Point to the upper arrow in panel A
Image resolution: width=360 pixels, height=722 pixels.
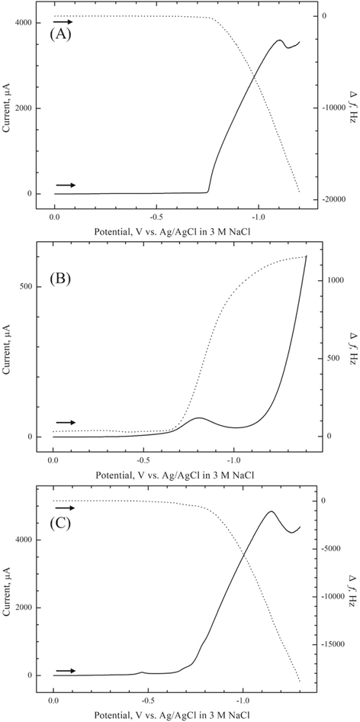point(63,22)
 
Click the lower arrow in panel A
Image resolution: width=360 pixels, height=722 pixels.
point(66,185)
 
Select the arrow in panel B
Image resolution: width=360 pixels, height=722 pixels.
point(66,423)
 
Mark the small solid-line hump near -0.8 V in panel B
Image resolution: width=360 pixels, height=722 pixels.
point(199,418)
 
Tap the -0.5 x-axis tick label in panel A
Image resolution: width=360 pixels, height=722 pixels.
point(156,216)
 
